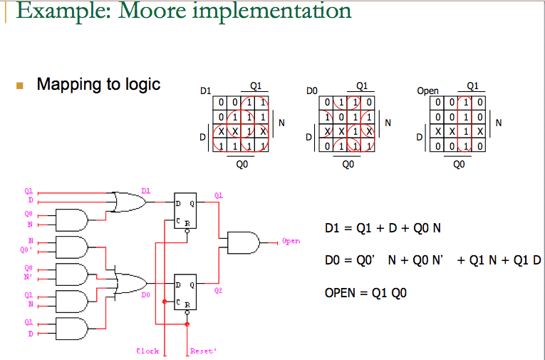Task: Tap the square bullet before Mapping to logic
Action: tap(20, 86)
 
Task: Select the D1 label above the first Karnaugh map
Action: tap(206, 92)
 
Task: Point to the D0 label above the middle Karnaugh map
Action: tap(311, 92)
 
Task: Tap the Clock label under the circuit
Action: tap(147, 351)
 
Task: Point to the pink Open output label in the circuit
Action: tap(291, 242)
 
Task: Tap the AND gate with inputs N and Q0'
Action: tap(71, 247)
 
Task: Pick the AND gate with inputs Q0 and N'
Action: tap(71, 274)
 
